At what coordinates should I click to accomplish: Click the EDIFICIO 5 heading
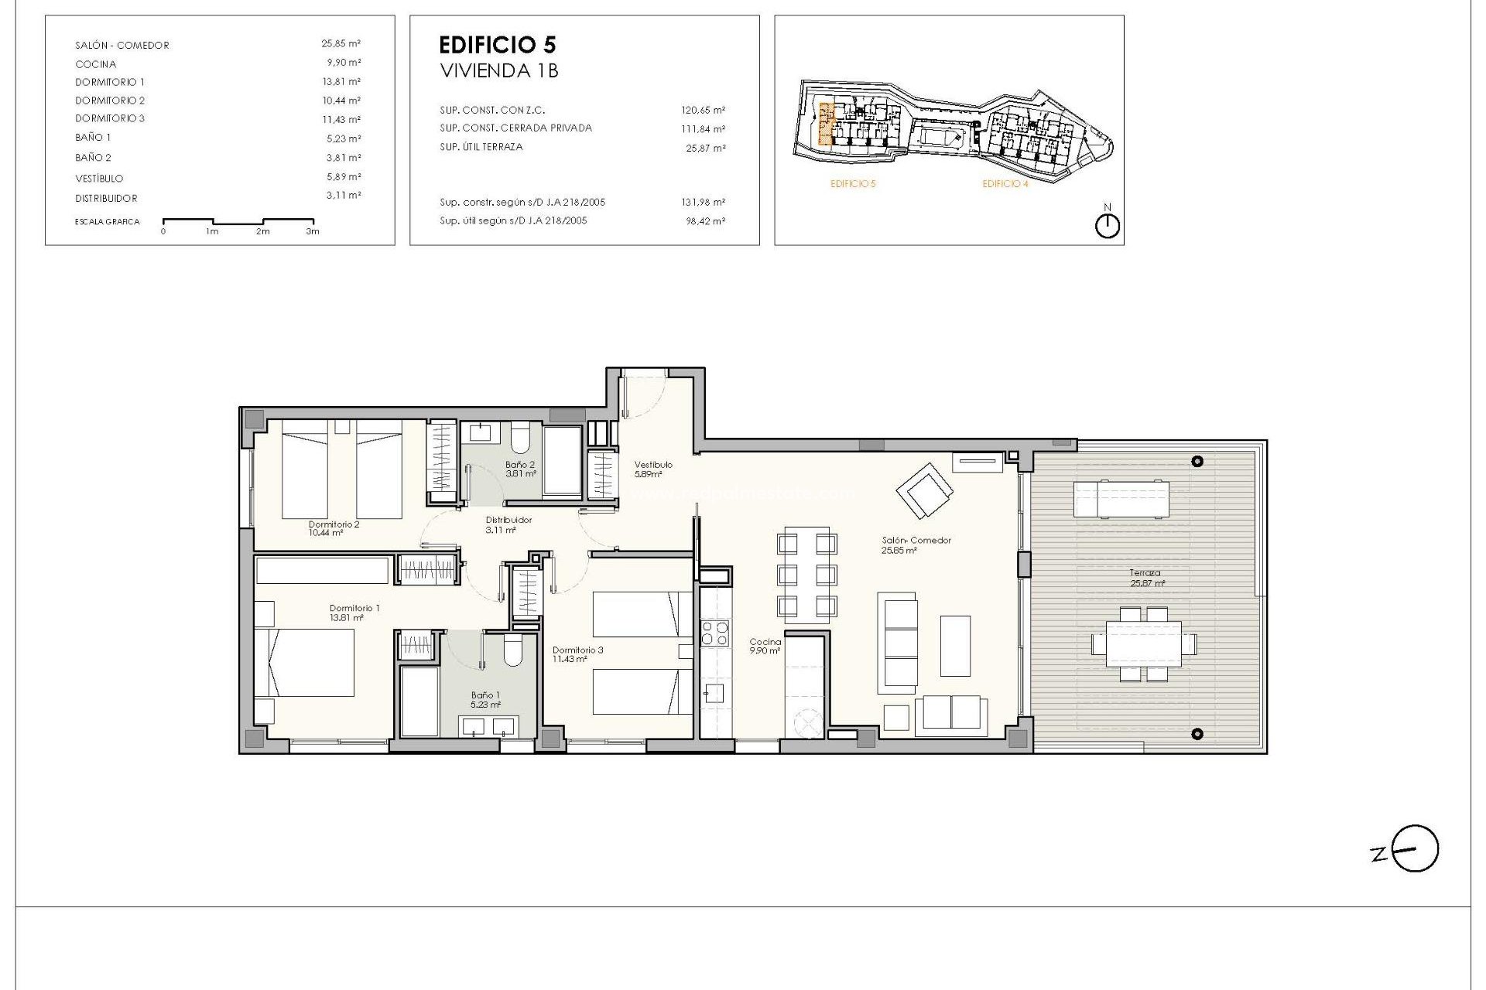(x=497, y=45)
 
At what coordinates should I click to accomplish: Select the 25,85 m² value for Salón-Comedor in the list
(x=341, y=44)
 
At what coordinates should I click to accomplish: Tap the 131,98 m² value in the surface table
(x=705, y=203)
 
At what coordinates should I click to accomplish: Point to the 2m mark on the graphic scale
(x=263, y=231)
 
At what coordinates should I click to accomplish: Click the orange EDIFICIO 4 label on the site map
(x=1005, y=184)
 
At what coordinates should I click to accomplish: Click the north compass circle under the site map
(x=1108, y=226)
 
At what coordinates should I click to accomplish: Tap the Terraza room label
(x=1145, y=573)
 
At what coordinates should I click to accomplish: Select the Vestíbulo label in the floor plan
(x=653, y=465)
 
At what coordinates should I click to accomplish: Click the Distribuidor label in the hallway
(x=508, y=521)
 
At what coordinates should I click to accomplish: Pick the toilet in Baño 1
(x=512, y=652)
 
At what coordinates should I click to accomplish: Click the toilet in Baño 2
(x=519, y=438)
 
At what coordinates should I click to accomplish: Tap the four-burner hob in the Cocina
(x=714, y=633)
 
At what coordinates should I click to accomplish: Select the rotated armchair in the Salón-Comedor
(x=925, y=490)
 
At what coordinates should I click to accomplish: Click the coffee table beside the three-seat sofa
(x=955, y=645)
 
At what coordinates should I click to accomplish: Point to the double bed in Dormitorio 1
(x=305, y=662)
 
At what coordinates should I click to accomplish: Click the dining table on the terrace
(x=1144, y=643)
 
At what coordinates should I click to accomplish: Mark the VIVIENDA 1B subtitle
(x=499, y=71)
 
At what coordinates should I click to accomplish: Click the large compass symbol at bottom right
(x=1416, y=848)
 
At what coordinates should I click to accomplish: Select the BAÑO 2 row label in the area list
(x=94, y=158)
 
